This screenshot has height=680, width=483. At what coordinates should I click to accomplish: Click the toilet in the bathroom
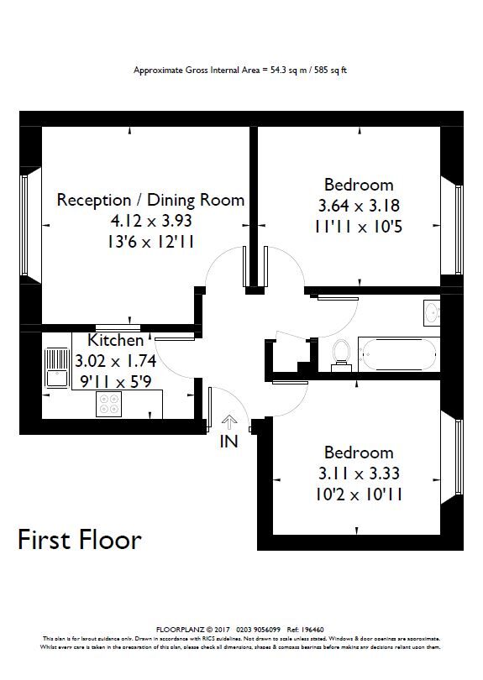[341, 354]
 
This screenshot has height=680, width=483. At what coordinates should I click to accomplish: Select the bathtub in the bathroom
[396, 354]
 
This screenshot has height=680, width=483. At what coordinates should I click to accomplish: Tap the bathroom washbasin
[433, 313]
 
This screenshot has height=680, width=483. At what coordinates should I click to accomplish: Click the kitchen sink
[58, 365]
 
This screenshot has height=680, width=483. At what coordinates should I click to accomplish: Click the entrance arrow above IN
[229, 422]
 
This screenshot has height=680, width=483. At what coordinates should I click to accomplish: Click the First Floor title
[80, 539]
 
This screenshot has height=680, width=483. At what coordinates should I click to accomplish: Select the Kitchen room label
[116, 341]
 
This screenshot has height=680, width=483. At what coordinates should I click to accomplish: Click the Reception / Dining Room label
[151, 200]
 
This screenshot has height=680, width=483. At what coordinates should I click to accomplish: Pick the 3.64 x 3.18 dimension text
[359, 205]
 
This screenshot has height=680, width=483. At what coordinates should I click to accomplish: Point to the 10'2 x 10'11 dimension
[359, 494]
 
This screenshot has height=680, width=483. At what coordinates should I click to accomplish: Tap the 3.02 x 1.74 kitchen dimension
[116, 363]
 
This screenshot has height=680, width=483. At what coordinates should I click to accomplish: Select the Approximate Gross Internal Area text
[240, 71]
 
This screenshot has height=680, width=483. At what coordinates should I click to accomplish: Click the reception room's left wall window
[24, 226]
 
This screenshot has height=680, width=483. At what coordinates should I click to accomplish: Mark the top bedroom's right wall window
[459, 229]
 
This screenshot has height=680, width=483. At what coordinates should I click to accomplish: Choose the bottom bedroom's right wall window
[459, 458]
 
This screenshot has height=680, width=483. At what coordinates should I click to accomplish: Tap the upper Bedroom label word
[359, 184]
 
